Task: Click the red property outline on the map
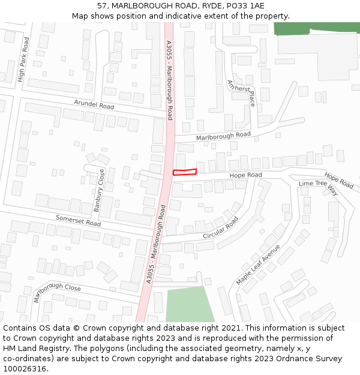pyautogui.click(x=185, y=172)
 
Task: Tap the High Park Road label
pyautogui.click(x=23, y=59)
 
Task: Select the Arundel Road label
pyautogui.click(x=94, y=104)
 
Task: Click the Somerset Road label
pyautogui.click(x=78, y=220)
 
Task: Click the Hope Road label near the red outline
pyautogui.click(x=246, y=175)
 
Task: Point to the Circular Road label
pyautogui.click(x=220, y=227)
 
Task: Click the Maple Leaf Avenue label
pyautogui.click(x=258, y=265)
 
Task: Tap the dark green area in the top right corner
pyautogui.click(x=314, y=28)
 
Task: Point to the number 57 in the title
pyautogui.click(x=102, y=5)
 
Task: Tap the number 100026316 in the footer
pyautogui.click(x=25, y=368)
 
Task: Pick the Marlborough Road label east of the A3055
pyautogui.click(x=223, y=136)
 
